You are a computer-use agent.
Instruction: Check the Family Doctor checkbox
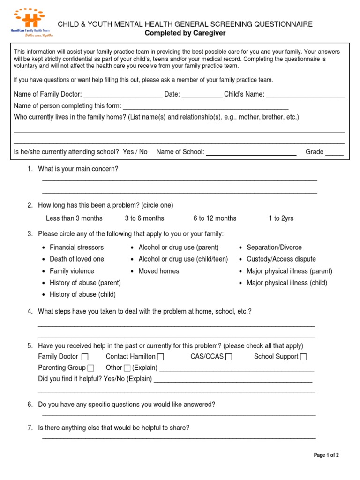pos(85,357)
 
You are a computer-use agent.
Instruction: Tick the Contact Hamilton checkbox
pos(161,357)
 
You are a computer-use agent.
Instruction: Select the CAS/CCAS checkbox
pos(228,357)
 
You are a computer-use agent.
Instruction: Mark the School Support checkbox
pos(303,357)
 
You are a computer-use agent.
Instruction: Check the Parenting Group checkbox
pos(91,368)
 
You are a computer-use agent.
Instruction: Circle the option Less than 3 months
pos(74,218)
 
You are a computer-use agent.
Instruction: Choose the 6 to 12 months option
pos(215,218)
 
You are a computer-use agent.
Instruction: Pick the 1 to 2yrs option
pos(281,218)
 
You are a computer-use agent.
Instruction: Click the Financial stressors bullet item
pos(76,247)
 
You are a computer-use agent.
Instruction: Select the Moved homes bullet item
pos(158,271)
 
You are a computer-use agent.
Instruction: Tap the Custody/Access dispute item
pos(281,259)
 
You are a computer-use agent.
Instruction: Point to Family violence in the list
pos(72,271)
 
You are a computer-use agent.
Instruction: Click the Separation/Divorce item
pos(274,247)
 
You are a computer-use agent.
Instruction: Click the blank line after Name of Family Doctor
pos(123,95)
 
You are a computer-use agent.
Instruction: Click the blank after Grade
pos(334,153)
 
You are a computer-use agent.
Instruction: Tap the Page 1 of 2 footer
pos(326,455)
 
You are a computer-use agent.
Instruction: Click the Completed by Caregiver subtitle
pos(185,33)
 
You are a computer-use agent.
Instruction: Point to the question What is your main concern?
pos(78,169)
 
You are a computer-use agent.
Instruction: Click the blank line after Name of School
pos(251,153)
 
